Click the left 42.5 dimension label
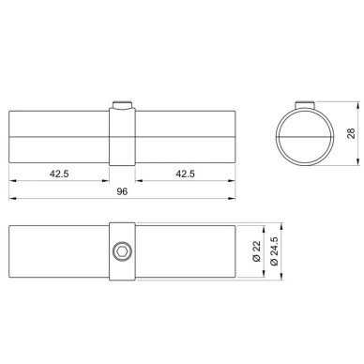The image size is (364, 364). click(x=59, y=174)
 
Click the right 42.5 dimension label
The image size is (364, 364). click(x=185, y=174)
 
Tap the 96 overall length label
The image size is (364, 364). click(x=122, y=191)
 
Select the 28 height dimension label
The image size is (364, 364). click(x=351, y=133)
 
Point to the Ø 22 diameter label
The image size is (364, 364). click(x=256, y=251)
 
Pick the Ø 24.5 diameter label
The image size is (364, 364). click(x=274, y=251)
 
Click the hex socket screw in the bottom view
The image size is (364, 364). click(x=122, y=251)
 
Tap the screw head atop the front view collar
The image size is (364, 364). click(x=122, y=105)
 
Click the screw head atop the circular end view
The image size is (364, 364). click(x=305, y=105)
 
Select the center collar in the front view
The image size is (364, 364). click(x=122, y=137)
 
